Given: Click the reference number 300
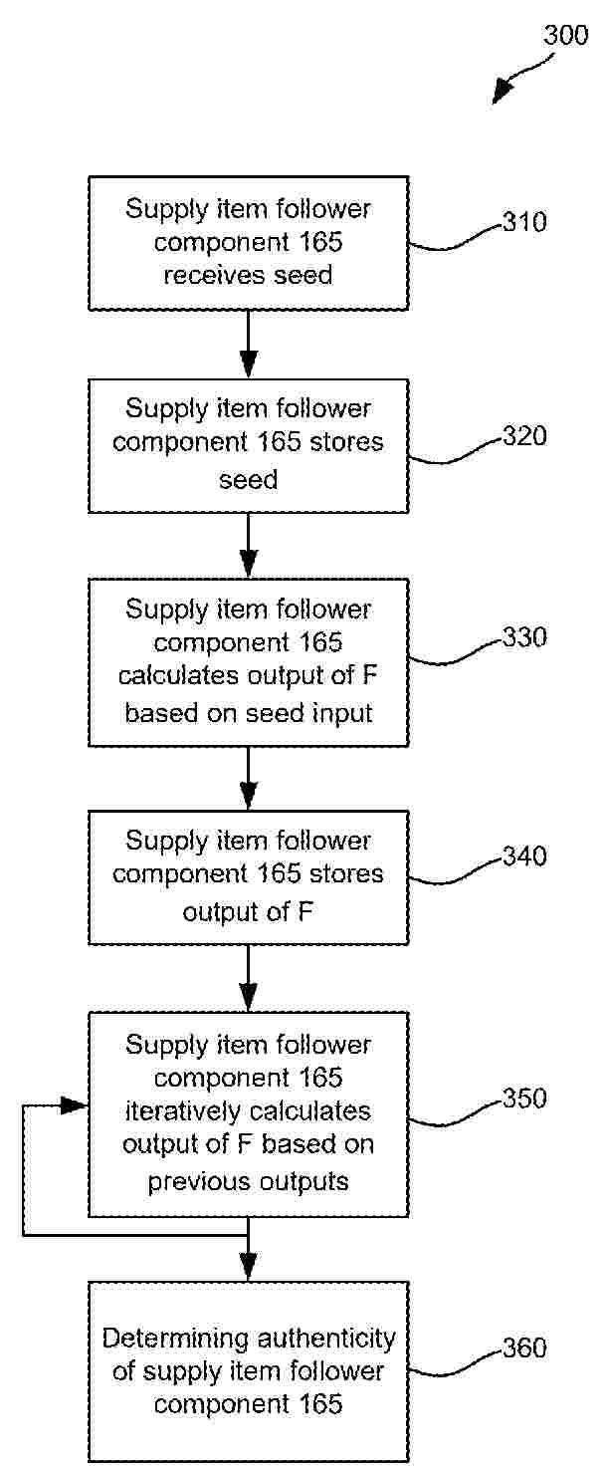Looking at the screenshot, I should (566, 36).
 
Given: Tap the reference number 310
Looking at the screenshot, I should (524, 222).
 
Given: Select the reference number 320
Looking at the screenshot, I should (524, 436).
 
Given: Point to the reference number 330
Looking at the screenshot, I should (524, 637).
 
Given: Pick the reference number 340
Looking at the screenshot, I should (524, 857).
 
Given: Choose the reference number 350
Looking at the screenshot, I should (524, 1099).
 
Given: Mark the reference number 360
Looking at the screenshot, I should (524, 1348).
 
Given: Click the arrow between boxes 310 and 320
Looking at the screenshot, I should (248, 345).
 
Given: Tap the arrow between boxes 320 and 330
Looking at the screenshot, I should (248, 546).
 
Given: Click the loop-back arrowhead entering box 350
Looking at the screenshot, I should (74, 1105).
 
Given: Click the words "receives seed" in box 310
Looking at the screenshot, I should (248, 275).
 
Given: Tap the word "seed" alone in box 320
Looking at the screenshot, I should (248, 480).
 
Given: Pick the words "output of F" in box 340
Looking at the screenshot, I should (248, 909).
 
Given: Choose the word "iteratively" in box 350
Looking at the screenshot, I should (178, 1111).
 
